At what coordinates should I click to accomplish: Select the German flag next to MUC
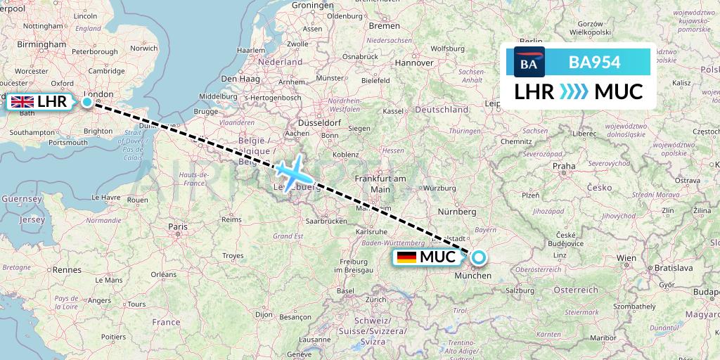[406, 257]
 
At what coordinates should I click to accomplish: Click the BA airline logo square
[529, 63]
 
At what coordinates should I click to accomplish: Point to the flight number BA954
[594, 63]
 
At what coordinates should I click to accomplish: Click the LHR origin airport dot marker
[86, 102]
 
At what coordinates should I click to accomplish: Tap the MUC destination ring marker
[478, 257]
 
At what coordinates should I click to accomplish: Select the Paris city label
[178, 226]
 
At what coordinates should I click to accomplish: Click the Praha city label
[564, 167]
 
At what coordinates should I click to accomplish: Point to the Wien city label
[626, 258]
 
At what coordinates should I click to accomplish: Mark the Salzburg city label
[521, 290]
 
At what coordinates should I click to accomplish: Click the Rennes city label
[67, 269]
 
